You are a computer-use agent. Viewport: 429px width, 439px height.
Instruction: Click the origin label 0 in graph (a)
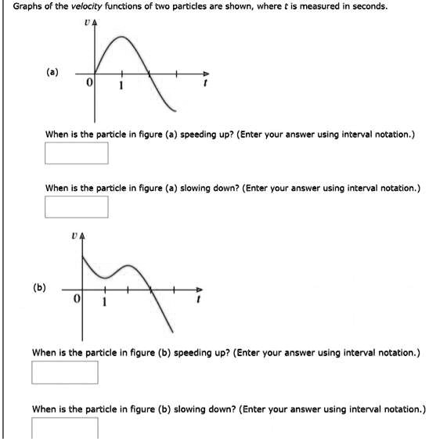tap(89, 82)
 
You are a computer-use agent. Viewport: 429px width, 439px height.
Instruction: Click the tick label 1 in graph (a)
tap(120, 85)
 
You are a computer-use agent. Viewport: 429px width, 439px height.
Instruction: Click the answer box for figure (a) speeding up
tap(76, 153)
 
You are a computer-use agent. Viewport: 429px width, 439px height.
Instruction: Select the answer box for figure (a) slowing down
tap(76, 207)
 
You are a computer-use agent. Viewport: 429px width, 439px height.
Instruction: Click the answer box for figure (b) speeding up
tap(65, 372)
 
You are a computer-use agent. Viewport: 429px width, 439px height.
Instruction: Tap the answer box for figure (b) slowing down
tap(65, 427)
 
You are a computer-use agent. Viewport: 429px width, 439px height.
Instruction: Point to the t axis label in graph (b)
tap(200, 301)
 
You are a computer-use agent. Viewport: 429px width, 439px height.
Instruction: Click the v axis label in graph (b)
tap(73, 232)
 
